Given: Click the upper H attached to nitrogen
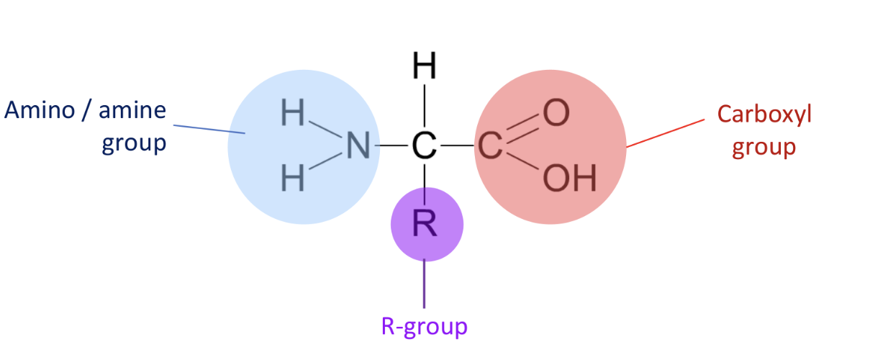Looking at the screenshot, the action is point(293,114).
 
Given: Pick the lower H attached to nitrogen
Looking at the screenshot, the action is point(293,178).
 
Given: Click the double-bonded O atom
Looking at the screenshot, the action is point(556,112).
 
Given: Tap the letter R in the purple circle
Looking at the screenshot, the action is point(425,225).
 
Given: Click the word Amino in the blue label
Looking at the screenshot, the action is point(40,111).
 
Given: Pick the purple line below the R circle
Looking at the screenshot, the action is point(425,284).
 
